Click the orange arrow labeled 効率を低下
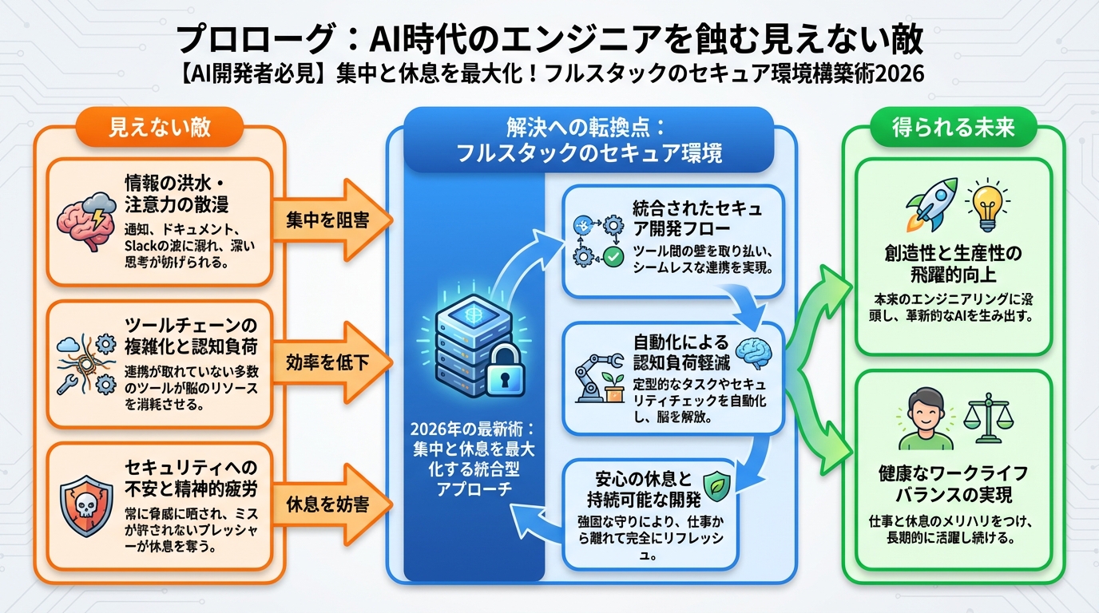[329, 362]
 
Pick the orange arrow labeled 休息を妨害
[329, 504]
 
